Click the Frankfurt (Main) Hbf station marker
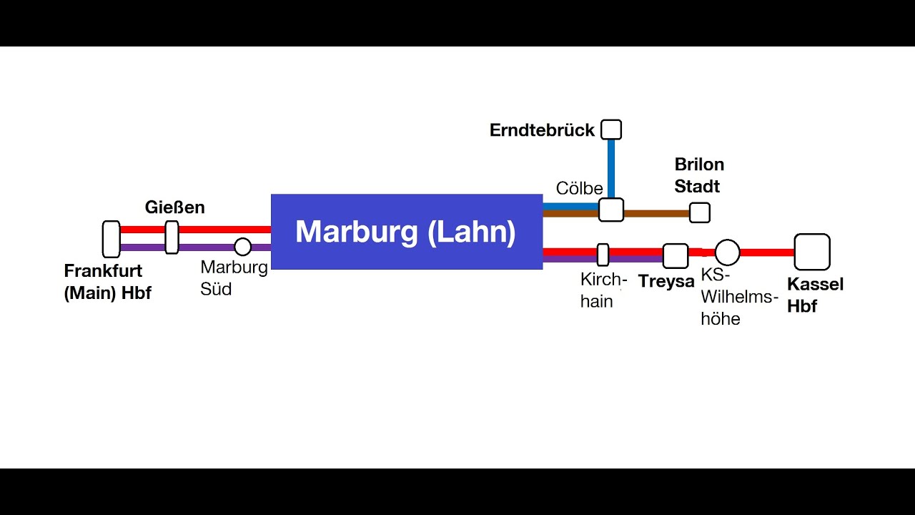coord(111,239)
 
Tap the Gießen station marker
coord(172,237)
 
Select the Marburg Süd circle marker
coord(243,247)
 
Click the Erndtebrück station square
coord(611,129)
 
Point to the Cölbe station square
coord(611,210)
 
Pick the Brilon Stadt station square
coord(700,212)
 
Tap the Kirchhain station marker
coord(603,255)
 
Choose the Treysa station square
coord(676,255)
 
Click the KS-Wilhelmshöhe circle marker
coord(728,252)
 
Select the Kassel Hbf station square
coord(812,252)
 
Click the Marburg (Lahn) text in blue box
coord(405,232)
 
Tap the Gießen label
coord(174,207)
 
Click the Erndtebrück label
coord(542,130)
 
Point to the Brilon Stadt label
coord(699,175)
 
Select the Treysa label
coord(666,281)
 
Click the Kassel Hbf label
coord(815,295)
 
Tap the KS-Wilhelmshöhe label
coord(738,297)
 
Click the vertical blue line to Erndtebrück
coord(611,168)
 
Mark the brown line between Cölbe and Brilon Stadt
coord(656,213)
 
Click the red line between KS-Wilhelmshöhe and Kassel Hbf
coord(767,252)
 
